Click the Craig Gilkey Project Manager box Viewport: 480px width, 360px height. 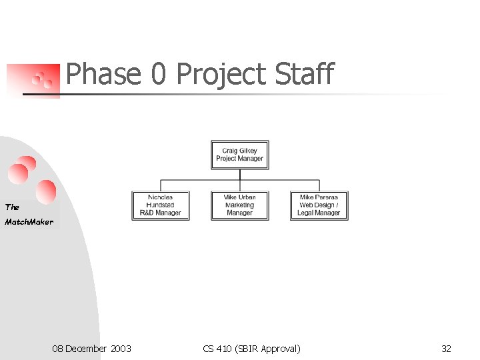pos(240,155)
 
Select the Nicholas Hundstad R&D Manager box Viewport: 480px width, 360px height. pos(160,205)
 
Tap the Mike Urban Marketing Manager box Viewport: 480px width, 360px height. pos(240,205)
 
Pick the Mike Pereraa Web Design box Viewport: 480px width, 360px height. pos(319,205)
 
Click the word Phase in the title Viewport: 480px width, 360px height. pos(103,74)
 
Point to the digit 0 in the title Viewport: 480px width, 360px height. pos(158,74)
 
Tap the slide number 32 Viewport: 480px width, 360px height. pos(446,349)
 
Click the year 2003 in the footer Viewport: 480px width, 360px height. pos(120,349)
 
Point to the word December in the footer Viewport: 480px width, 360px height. pos(86,349)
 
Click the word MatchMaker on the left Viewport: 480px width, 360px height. pos(29,222)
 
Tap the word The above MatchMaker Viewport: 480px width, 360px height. pos(13,207)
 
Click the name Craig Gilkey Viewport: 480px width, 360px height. pos(240,151)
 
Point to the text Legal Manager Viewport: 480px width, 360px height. pos(319,213)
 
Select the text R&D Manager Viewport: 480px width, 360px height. pos(160,213)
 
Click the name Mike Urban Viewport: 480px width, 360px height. pos(240,197)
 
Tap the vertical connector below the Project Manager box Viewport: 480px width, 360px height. pos(240,175)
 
